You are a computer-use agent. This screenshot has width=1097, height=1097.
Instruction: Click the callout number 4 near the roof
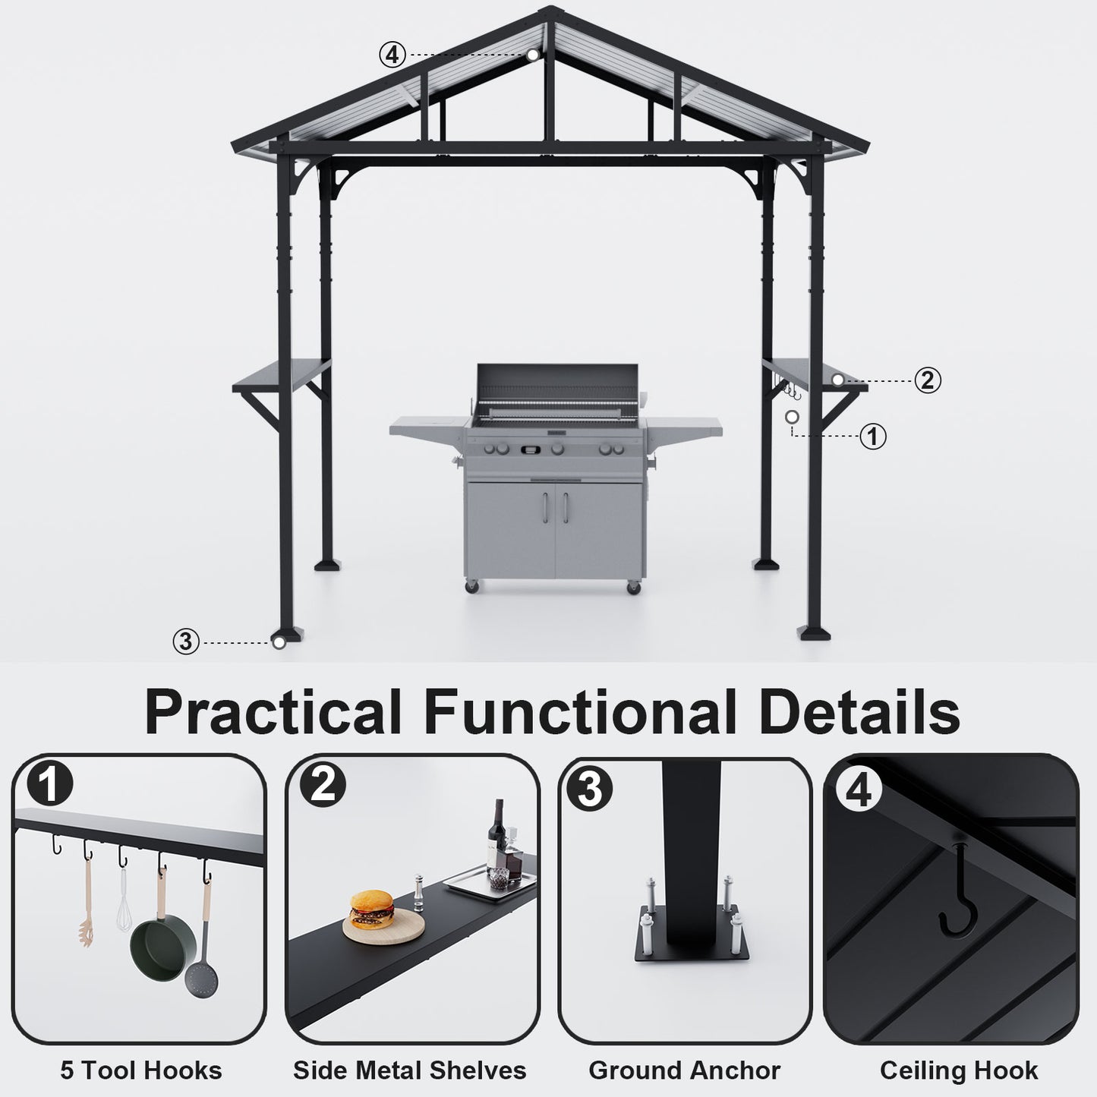pyautogui.click(x=392, y=55)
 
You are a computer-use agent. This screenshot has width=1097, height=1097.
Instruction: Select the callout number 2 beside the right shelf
pyautogui.click(x=927, y=380)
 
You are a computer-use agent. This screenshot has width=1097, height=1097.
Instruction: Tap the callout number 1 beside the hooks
pyautogui.click(x=874, y=437)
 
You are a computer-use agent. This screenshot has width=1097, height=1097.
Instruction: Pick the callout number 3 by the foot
pyautogui.click(x=186, y=641)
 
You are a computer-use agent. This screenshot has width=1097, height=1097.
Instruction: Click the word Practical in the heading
pyautogui.click(x=273, y=712)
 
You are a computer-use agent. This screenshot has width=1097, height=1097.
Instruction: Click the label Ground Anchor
pyautogui.click(x=684, y=1070)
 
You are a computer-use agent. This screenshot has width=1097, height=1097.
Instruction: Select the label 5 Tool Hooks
pyautogui.click(x=141, y=1070)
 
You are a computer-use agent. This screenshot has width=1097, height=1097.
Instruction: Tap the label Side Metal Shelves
pyautogui.click(x=410, y=1070)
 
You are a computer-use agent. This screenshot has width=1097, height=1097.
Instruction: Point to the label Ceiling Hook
pyautogui.click(x=959, y=1070)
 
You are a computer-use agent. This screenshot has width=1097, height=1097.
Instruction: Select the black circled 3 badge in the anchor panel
pyautogui.click(x=590, y=789)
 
